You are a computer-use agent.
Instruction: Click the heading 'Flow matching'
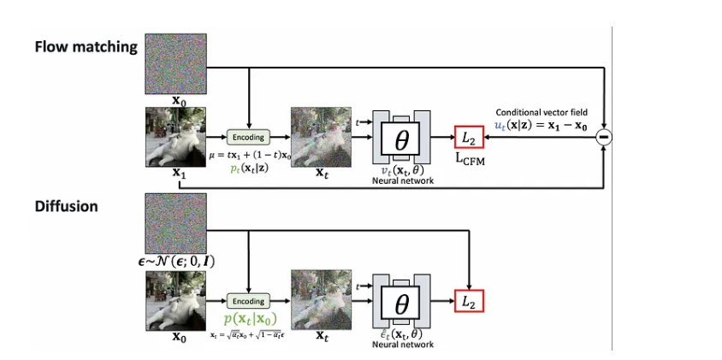pyautogui.click(x=86, y=46)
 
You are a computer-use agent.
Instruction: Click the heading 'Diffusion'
pyautogui.click(x=66, y=206)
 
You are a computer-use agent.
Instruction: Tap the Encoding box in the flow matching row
pyautogui.click(x=248, y=137)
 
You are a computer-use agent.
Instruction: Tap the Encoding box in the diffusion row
pyautogui.click(x=248, y=301)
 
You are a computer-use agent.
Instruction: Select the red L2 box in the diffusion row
pyautogui.click(x=468, y=301)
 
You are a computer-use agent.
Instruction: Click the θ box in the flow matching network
pyautogui.click(x=401, y=139)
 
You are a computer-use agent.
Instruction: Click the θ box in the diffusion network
pyautogui.click(x=401, y=303)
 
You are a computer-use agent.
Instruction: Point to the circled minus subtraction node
pyautogui.click(x=603, y=137)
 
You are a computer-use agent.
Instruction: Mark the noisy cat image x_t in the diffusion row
pyautogui.click(x=321, y=298)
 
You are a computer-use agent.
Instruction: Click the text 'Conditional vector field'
pyautogui.click(x=542, y=112)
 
